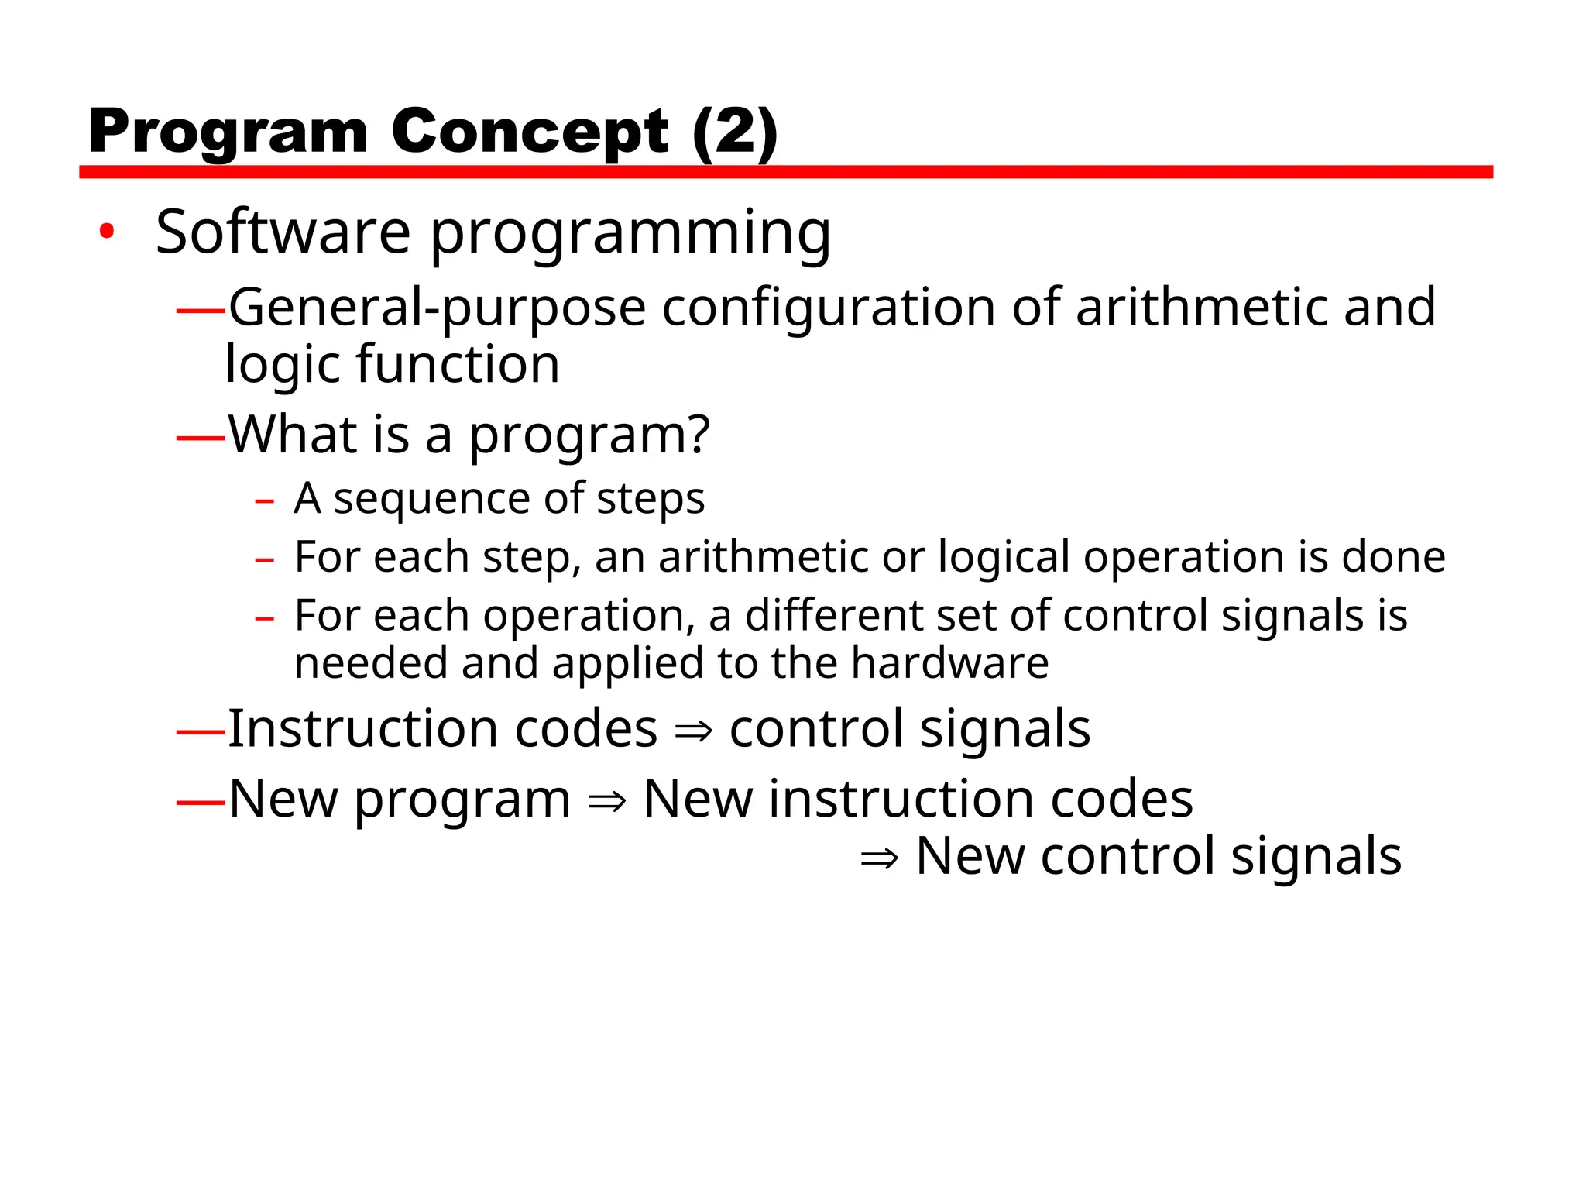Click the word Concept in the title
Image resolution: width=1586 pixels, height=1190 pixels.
coord(530,131)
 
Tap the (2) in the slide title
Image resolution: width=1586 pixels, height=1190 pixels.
coord(734,131)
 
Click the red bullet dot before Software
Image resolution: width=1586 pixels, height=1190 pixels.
coord(107,230)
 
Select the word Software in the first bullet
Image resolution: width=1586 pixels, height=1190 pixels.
coord(283,232)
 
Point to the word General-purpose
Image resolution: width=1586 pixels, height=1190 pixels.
coord(437,308)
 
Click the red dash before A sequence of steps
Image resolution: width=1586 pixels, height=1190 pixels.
coord(264,501)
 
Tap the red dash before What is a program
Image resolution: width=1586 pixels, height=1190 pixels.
coord(200,439)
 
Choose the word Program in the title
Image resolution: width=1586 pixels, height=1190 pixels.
coord(228,132)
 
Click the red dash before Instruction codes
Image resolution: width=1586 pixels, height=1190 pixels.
coord(200,732)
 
